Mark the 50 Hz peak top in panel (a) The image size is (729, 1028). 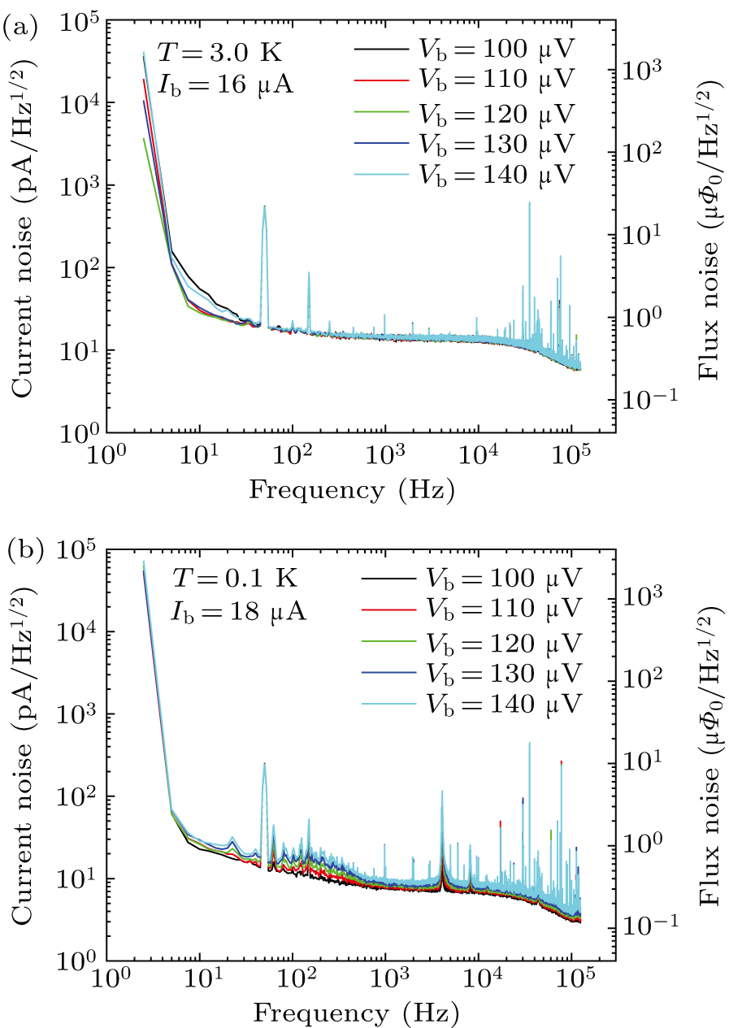pos(264,206)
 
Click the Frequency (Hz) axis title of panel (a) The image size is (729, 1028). pos(351,490)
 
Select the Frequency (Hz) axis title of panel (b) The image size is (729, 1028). pos(355,1013)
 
